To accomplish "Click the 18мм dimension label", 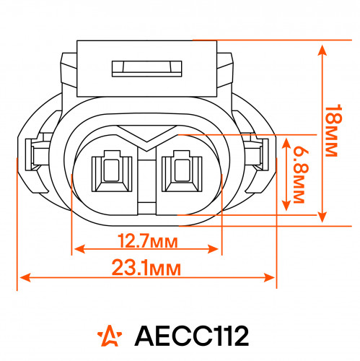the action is coord(333,131).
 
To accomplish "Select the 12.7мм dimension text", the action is coord(148,241).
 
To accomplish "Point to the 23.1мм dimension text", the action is coord(146,268).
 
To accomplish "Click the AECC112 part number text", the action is coord(192,336).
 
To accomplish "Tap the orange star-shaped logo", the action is coord(110,336).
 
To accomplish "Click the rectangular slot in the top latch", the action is coord(147,69).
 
